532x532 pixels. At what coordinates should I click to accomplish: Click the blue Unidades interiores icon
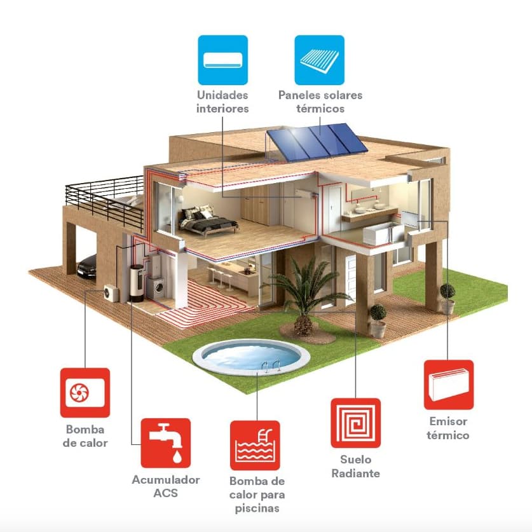[x=222, y=60]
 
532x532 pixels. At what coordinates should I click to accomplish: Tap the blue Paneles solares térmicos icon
[x=320, y=60]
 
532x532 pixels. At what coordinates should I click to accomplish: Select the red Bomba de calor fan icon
[x=85, y=392]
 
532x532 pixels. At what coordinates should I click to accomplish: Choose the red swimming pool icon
[x=255, y=446]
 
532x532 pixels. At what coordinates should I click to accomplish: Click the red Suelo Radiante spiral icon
[x=355, y=423]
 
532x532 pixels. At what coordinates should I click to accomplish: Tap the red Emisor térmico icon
[x=449, y=385]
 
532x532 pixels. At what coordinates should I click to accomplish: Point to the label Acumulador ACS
[x=166, y=487]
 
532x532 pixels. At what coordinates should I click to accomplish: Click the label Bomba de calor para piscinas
[x=257, y=495]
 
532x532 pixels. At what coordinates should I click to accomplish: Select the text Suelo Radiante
[x=356, y=467]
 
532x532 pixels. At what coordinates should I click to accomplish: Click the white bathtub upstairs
[x=382, y=236]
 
